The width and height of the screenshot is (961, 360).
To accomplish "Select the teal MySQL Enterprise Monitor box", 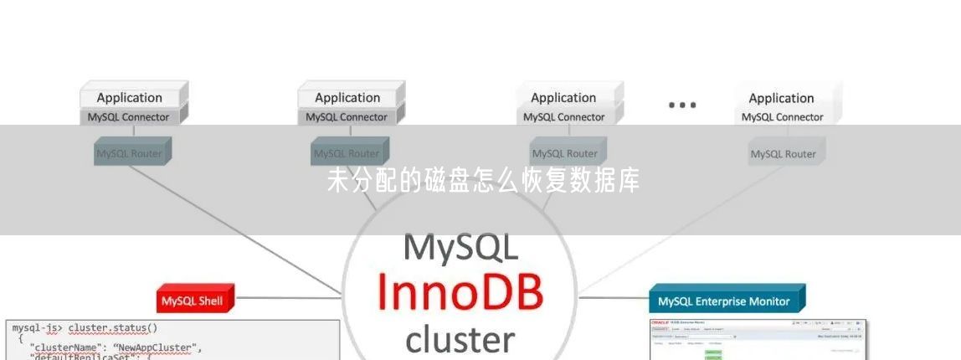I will coord(725,301).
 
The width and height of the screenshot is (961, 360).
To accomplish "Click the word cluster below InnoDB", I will coord(460,339).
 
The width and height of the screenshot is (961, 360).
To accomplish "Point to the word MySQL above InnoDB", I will coord(460,248).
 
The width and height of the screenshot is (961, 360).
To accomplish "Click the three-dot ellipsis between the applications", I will coord(682,105).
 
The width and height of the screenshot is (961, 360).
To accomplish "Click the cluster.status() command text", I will coord(113,328).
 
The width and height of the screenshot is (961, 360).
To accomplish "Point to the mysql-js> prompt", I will coord(38,328).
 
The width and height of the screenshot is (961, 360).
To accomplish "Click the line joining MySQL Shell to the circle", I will coord(289,296).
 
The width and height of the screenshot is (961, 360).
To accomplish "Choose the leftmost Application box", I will coord(130,97).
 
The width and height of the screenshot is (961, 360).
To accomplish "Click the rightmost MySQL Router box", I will coord(784,153).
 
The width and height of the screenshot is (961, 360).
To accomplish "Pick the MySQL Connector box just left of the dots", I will coord(564,117).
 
